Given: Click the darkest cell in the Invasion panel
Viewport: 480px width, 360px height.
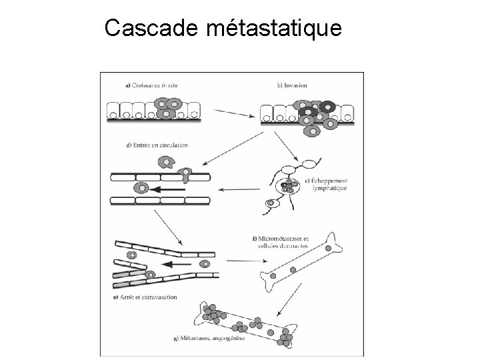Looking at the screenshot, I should click(327, 106).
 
